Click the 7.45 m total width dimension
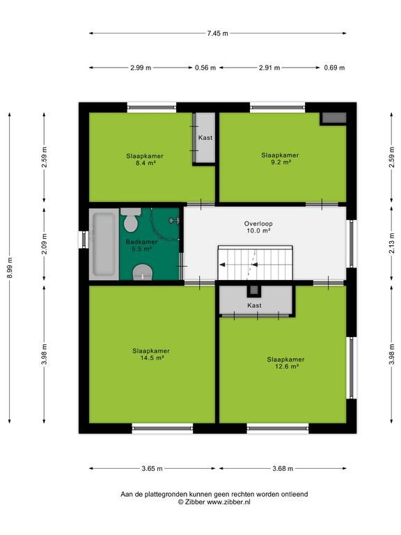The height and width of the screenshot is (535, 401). [217, 33]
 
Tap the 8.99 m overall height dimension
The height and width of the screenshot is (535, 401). [10, 268]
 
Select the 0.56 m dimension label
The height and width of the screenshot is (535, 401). [205, 68]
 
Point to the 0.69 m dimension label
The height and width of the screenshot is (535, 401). [334, 68]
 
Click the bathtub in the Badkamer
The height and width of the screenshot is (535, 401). [104, 244]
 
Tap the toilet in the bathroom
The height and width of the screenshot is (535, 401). [131, 220]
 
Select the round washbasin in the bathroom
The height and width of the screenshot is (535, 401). [143, 272]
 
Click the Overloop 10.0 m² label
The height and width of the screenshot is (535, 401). [258, 227]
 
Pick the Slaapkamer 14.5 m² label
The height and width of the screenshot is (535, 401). [151, 354]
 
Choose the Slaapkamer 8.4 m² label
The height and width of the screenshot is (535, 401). [145, 160]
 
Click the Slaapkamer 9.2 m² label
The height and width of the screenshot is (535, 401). [281, 158]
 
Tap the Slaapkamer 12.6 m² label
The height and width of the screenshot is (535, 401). [285, 363]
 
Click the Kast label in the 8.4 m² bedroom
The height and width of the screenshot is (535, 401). [205, 137]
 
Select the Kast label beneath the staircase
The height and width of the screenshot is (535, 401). [254, 305]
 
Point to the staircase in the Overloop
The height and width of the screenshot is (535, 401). [255, 263]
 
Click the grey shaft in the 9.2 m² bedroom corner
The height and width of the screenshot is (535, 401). [334, 118]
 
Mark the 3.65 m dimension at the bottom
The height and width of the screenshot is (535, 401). [152, 468]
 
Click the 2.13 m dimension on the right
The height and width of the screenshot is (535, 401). [392, 243]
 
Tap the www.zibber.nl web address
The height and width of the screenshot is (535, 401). [229, 502]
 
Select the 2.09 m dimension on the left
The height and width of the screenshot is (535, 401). [45, 244]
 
